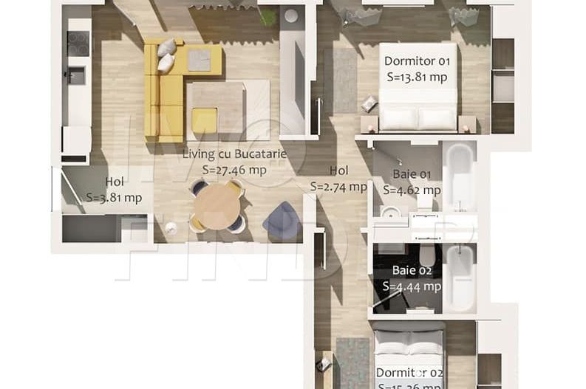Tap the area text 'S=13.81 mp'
[x=416, y=75]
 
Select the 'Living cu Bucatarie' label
[x=234, y=154]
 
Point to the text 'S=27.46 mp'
[x=234, y=170]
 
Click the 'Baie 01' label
[x=406, y=175]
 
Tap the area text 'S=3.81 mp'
[x=114, y=197]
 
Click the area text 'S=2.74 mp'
[x=338, y=187]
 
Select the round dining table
[x=216, y=206]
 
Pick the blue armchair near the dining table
[x=282, y=220]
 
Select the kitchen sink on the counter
[x=76, y=75]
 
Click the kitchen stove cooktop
[x=78, y=43]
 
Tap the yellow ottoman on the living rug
[x=205, y=120]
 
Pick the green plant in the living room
[x=267, y=16]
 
